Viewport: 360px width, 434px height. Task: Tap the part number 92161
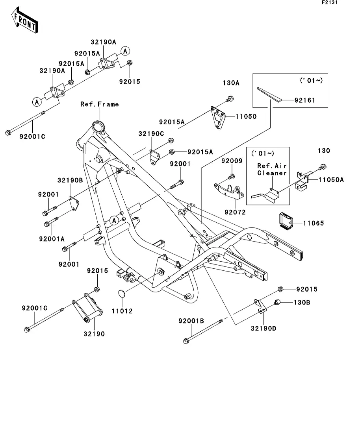click(305, 100)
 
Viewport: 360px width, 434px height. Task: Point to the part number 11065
click(314, 223)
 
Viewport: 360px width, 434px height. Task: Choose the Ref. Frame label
click(99, 104)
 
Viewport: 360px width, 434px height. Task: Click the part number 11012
click(122, 311)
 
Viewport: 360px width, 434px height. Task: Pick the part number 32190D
click(263, 328)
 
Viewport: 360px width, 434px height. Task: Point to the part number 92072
click(235, 212)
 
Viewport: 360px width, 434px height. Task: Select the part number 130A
click(231, 83)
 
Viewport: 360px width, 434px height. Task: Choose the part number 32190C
click(150, 134)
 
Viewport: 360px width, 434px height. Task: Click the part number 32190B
click(70, 181)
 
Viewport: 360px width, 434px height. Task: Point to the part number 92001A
click(52, 238)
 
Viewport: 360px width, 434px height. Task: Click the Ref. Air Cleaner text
click(271, 169)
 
